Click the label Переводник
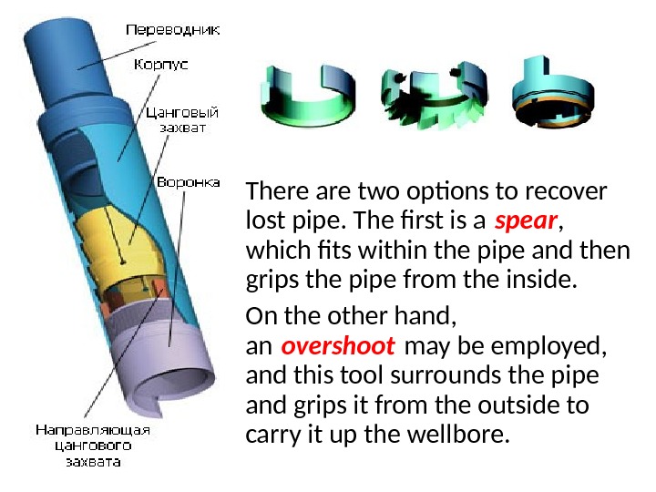pos(171,29)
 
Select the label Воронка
pos(188,182)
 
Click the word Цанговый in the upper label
pos(182,113)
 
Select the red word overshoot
pos(338,347)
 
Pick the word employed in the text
pos(564,347)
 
